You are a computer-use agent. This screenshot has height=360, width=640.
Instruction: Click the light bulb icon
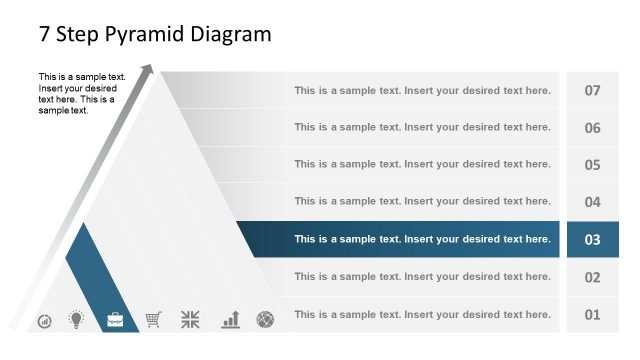[76, 320]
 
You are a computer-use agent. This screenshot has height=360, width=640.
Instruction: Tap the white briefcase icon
[116, 320]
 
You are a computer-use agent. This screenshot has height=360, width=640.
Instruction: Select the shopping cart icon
[153, 320]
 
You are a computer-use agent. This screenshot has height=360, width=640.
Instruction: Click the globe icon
[265, 320]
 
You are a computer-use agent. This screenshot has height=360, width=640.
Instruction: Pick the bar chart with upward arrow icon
[231, 319]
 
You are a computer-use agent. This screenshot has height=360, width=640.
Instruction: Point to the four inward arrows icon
[190, 320]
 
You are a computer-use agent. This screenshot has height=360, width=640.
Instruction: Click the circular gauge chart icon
[44, 321]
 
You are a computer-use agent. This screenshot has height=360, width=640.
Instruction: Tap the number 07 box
[592, 91]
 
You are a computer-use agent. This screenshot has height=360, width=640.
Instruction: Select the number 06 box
[592, 128]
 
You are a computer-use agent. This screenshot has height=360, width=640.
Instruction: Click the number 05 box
[592, 165]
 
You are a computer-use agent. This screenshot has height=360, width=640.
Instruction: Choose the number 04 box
[592, 202]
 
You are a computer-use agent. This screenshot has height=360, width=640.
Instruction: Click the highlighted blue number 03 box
[592, 239]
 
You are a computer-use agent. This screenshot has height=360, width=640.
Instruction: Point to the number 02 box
[592, 277]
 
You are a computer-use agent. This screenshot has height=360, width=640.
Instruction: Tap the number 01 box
[592, 315]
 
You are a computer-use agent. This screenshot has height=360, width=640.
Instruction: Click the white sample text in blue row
[422, 239]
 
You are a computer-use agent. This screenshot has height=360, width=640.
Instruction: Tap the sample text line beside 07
[422, 91]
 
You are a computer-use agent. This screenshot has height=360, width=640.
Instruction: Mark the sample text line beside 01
[422, 315]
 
